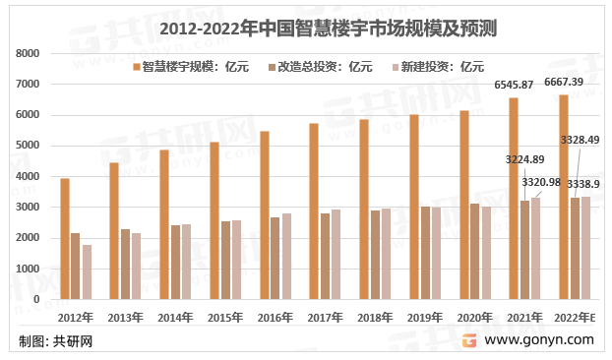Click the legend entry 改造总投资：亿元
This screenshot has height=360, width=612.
326,67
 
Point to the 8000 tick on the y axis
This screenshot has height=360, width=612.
29,54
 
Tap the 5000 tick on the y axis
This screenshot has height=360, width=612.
29,146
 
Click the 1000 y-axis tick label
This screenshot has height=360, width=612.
29,269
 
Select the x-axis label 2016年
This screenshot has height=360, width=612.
276,317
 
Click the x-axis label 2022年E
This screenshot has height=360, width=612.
575,317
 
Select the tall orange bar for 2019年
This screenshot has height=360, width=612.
414,207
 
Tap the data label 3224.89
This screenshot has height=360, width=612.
525,158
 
